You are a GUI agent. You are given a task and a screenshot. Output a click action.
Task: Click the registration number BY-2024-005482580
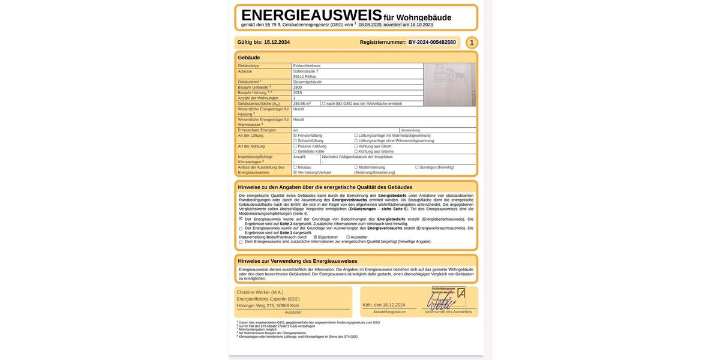point(432,43)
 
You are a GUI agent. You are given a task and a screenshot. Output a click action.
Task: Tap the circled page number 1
point(472,43)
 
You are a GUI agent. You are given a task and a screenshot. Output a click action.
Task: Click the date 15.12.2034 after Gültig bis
point(277,43)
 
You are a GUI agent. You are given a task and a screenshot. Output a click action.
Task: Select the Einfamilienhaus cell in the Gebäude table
point(307,65)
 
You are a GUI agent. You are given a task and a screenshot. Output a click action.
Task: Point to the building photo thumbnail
point(449,85)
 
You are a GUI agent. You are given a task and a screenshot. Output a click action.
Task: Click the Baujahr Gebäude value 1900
point(298,87)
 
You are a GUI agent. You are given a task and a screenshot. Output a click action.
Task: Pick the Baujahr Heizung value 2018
point(298,92)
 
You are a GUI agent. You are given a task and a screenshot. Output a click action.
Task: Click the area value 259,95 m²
point(302,103)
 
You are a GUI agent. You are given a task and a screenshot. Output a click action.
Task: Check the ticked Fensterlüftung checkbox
point(295,136)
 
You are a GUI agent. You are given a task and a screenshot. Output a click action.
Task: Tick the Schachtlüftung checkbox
point(295,140)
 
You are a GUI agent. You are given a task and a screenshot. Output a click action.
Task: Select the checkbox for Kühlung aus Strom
point(356,146)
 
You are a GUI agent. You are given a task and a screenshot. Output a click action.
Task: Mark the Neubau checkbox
point(295,167)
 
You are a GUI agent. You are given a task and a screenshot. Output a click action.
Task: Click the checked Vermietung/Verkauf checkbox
point(295,172)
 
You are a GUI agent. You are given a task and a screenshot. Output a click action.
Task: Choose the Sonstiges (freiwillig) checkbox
point(417,167)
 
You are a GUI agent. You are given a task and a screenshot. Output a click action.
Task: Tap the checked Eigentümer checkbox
point(316,237)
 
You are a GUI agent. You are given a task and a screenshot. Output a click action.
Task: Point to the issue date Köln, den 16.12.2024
point(384,305)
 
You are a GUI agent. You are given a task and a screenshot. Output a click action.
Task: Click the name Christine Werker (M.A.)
point(260,292)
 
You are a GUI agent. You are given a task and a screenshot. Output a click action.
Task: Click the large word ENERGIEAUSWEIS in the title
point(311,15)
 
